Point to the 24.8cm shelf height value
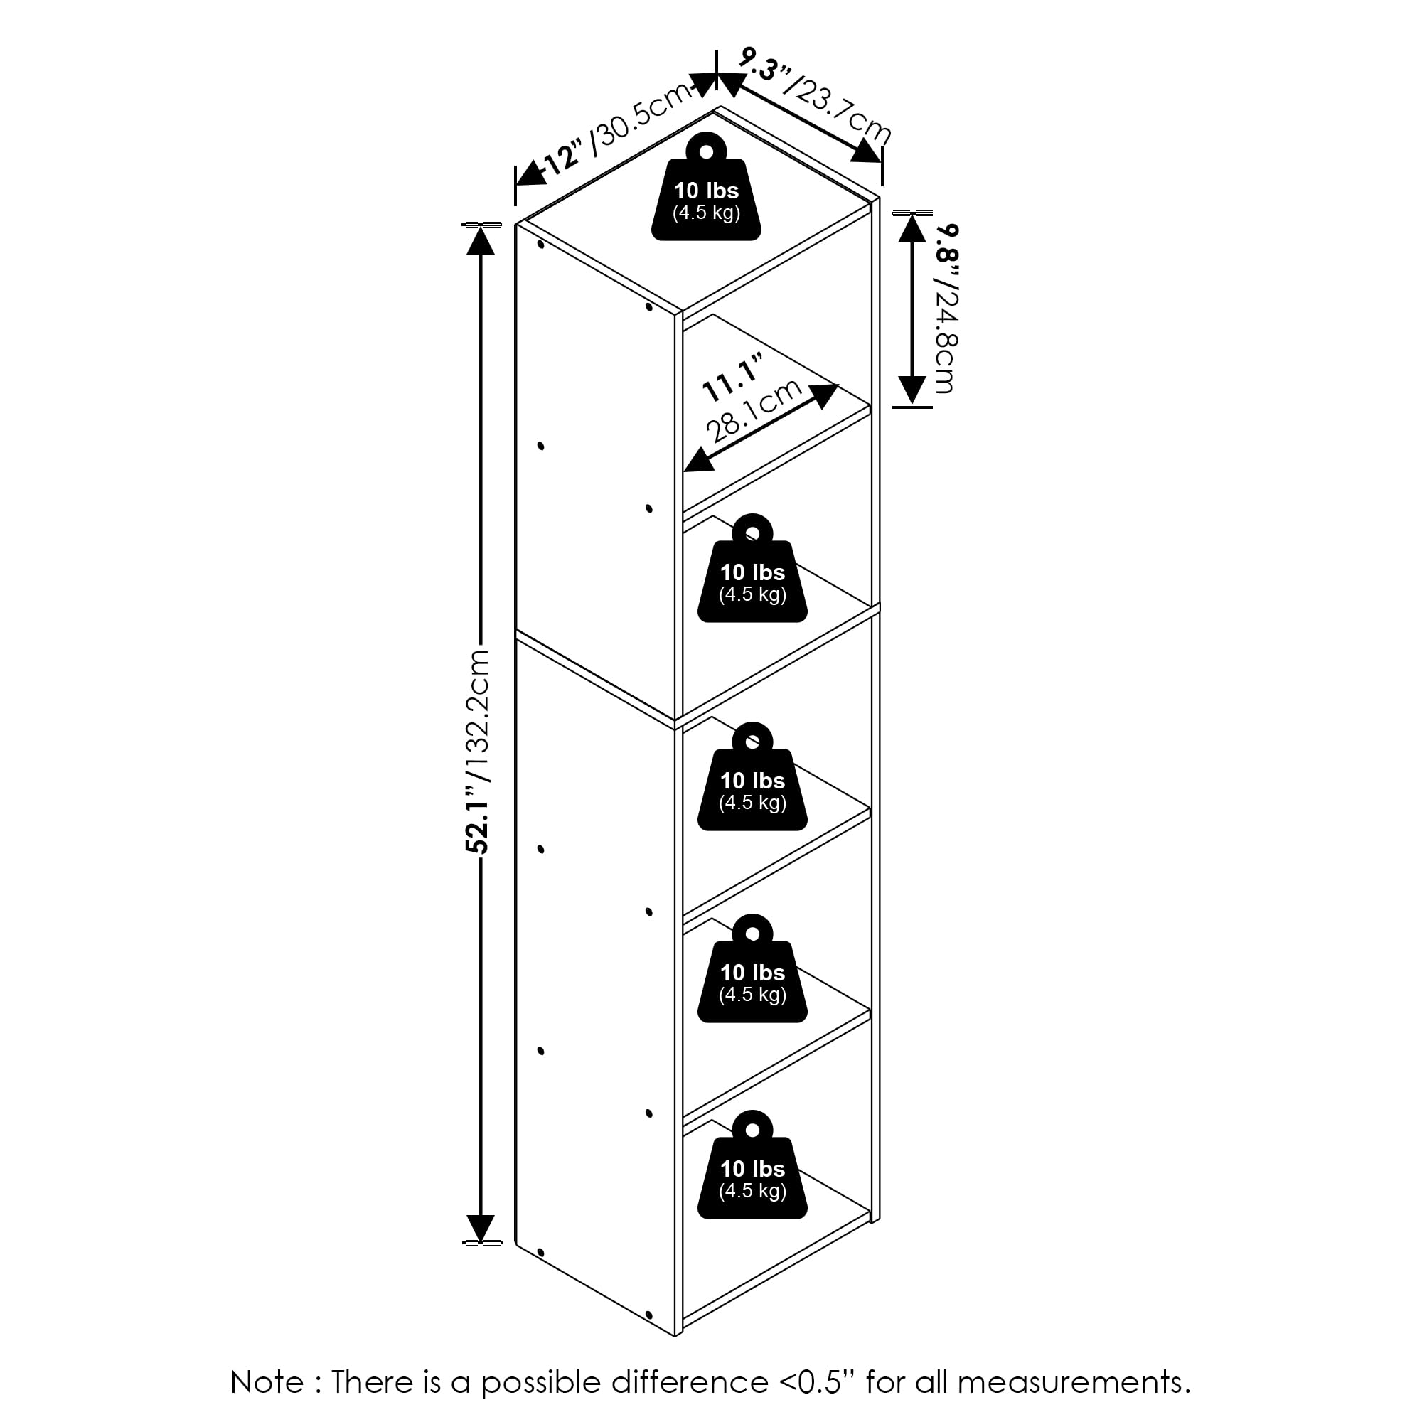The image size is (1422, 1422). pyautogui.click(x=945, y=338)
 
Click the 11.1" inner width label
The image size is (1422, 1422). pyautogui.click(x=733, y=378)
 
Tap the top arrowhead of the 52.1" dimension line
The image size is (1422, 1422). pyautogui.click(x=480, y=240)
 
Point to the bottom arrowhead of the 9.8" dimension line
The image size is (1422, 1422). pyautogui.click(x=913, y=390)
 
